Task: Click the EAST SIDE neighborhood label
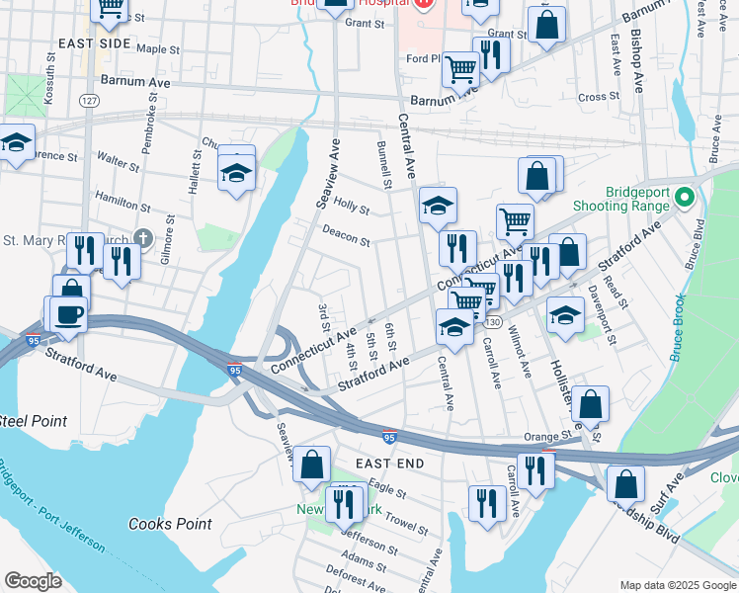tap(94, 44)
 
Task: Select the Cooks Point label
tap(166, 523)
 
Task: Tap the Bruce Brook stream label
tap(678, 325)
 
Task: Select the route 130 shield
tap(493, 324)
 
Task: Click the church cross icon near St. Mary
tap(144, 238)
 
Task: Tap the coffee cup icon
tap(68, 313)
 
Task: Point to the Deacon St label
tap(346, 235)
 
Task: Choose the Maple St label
tap(158, 47)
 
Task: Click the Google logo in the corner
tap(33, 581)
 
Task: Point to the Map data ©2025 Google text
tap(678, 585)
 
